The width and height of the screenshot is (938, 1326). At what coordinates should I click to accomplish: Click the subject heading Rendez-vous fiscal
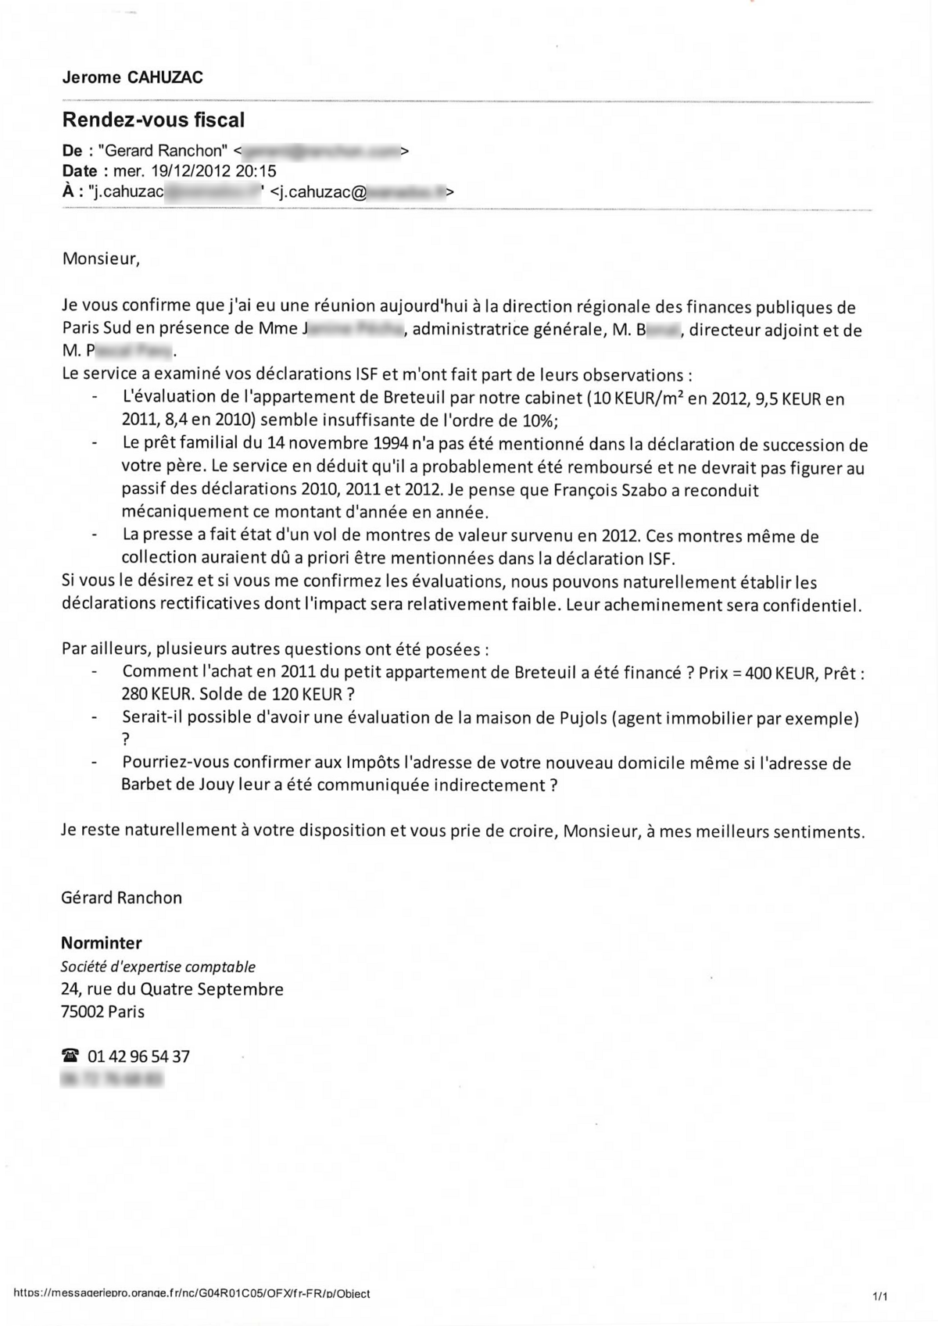tap(153, 120)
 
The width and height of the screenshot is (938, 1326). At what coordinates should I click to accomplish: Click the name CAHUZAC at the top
tap(166, 77)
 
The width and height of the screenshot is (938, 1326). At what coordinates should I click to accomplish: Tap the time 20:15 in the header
tap(259, 171)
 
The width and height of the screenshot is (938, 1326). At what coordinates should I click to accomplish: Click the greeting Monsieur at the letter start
tap(99, 259)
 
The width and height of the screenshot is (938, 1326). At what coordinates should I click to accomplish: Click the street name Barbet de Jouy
tap(177, 785)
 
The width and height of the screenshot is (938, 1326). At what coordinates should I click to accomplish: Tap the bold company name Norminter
tap(102, 943)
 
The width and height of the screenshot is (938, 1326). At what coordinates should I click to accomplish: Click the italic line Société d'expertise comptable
tap(158, 967)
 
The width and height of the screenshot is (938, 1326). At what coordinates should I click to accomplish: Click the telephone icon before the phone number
tap(70, 1056)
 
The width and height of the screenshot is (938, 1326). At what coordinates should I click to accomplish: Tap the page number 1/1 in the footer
tap(880, 1296)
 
